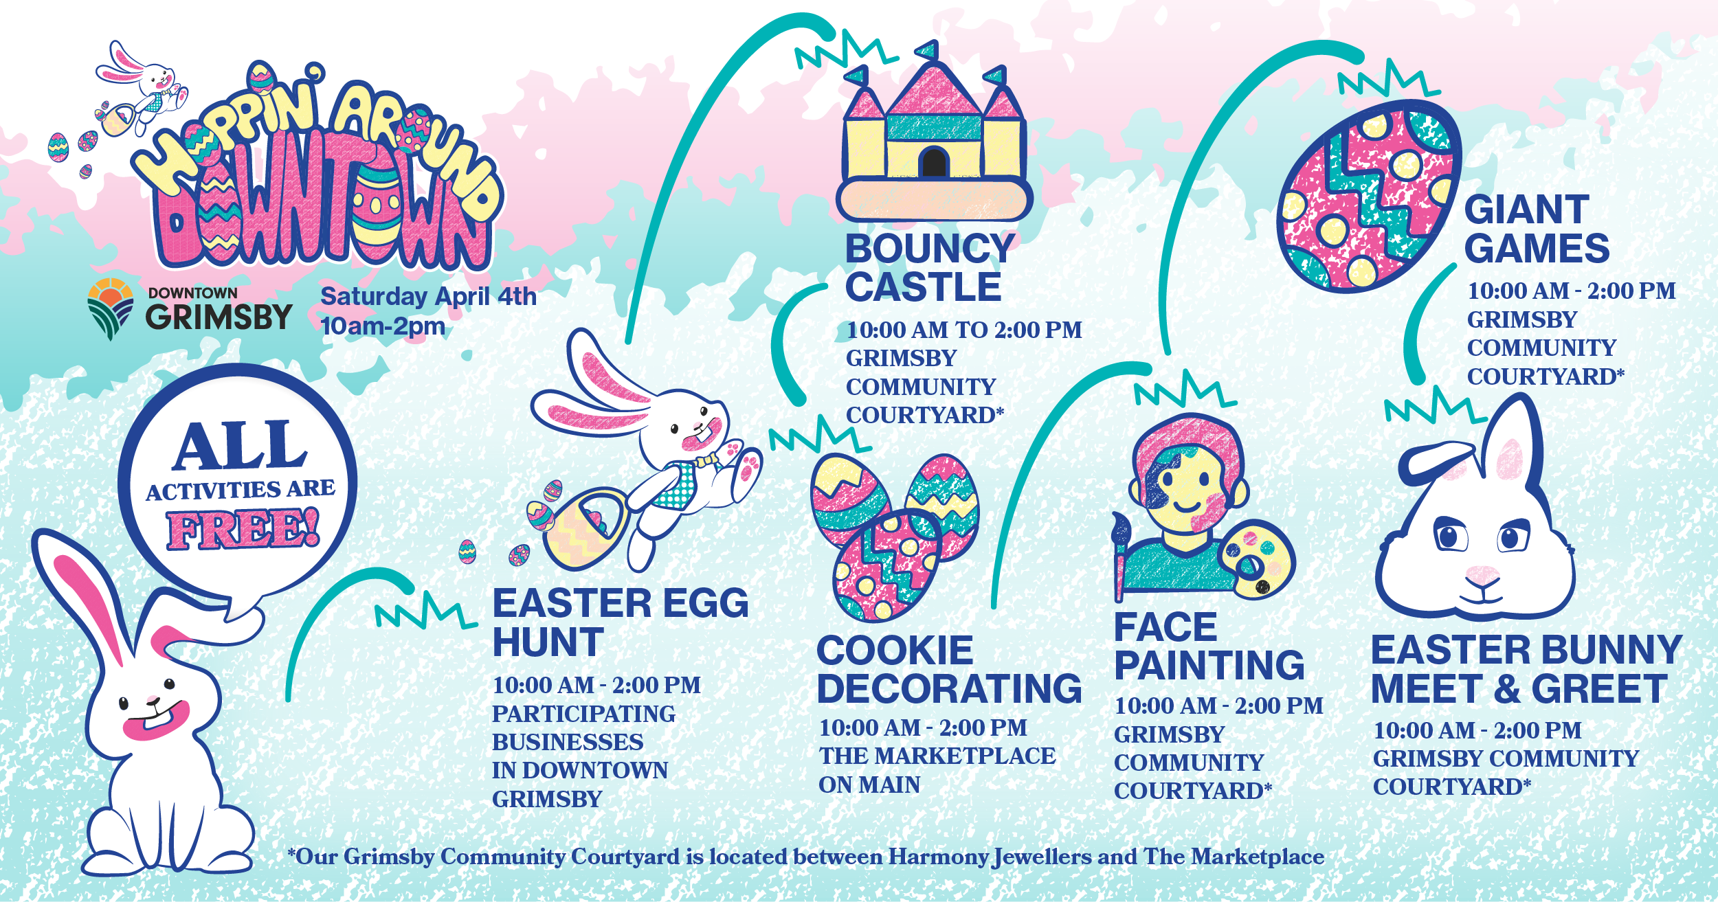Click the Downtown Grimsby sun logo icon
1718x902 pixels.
pos(110,308)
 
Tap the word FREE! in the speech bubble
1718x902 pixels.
pos(243,529)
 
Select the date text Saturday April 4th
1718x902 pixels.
pos(428,296)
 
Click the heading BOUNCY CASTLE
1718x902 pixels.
pos(930,267)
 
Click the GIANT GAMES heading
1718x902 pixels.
pos(1537,229)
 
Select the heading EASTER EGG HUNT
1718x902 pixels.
pos(621,622)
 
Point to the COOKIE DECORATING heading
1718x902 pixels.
pos(949,669)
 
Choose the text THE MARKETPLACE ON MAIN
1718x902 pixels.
pos(937,770)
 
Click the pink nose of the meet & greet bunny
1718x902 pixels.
pos(1483,574)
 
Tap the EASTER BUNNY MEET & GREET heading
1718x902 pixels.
pos(1526,669)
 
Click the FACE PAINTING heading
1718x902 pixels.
pos(1209,646)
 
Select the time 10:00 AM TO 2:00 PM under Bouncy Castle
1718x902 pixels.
pos(964,330)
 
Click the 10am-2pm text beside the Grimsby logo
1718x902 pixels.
pos(383,326)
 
